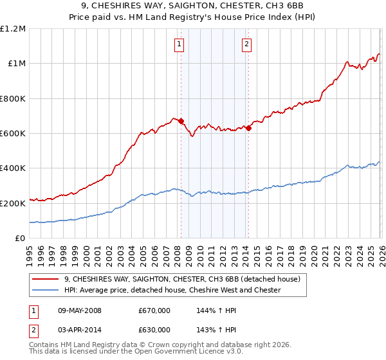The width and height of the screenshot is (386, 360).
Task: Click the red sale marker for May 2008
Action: (x=181, y=121)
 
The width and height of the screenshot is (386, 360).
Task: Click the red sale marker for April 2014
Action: (x=248, y=128)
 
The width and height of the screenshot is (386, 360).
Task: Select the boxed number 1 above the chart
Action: (x=178, y=44)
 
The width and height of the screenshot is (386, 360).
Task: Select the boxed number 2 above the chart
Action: (x=246, y=44)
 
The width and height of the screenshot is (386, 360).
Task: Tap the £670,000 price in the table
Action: (x=154, y=310)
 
